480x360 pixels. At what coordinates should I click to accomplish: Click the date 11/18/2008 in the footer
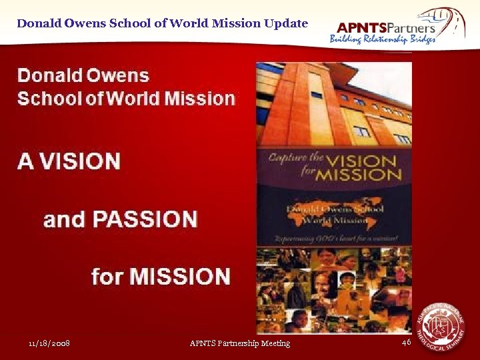click(49, 343)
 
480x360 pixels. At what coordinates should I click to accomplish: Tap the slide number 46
click(406, 342)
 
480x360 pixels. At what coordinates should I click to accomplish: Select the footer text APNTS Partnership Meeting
click(240, 343)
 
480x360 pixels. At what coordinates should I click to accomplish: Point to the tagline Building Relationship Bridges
click(383, 39)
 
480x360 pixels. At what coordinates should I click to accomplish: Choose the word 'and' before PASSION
click(63, 219)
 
